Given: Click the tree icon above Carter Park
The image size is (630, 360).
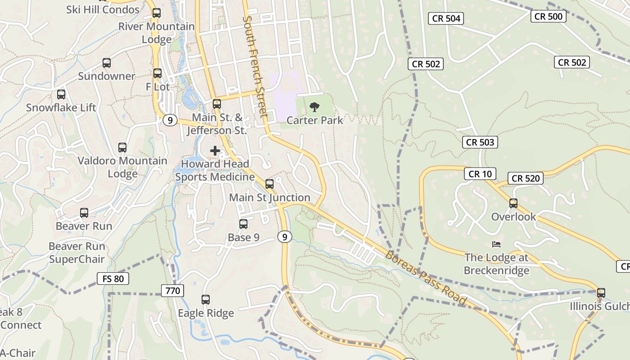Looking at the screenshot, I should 315,107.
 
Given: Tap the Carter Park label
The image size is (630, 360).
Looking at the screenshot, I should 315,120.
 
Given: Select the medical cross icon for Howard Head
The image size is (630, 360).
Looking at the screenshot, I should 215,150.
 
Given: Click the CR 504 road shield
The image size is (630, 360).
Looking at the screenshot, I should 446,18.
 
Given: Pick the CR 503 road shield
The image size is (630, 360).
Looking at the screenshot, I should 480,142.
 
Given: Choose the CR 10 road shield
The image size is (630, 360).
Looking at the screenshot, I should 480,174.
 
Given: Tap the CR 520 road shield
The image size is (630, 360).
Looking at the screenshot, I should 526,179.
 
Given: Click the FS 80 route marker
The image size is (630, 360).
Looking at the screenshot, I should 113,279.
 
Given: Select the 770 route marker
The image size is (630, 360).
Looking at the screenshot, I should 173,291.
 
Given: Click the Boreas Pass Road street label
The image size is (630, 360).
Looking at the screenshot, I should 426,277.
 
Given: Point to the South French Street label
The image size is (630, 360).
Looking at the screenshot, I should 255,67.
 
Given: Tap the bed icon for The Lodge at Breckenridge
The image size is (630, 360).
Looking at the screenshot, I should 496,244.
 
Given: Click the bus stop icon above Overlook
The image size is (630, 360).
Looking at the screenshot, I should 513,203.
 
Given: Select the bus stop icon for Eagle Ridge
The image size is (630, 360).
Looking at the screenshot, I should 206,300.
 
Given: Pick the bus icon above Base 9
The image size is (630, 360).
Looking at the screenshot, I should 243,224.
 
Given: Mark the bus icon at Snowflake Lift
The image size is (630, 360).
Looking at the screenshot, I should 61,94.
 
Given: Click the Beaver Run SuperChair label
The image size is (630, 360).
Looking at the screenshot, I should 77,253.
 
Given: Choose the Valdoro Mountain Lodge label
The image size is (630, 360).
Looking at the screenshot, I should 122,167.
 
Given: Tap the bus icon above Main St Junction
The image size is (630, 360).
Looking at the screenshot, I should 270,184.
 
